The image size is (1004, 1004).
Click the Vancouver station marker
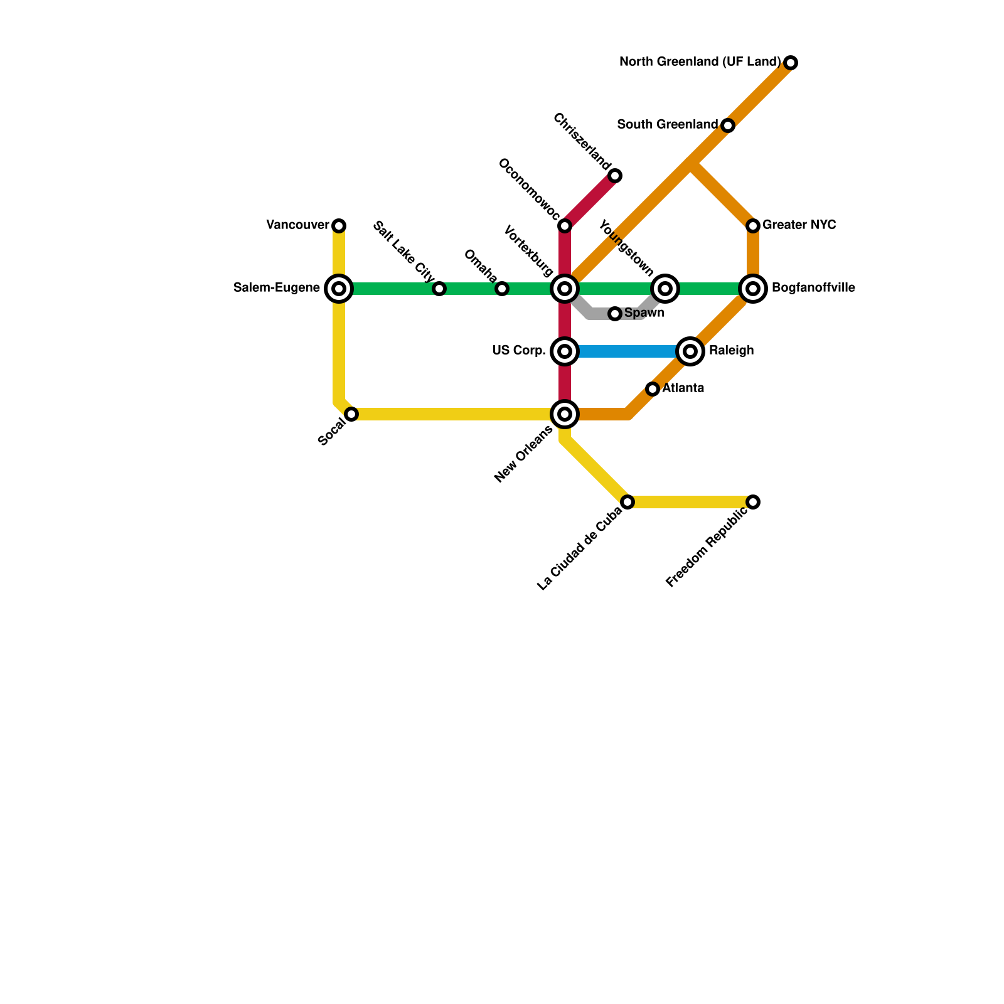339,225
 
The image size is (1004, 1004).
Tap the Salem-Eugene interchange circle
339,289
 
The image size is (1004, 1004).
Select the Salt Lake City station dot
439,289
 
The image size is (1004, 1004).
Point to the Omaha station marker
502,289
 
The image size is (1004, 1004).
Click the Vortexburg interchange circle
565,289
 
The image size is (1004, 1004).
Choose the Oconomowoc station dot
565,225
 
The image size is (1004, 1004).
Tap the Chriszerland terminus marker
615,176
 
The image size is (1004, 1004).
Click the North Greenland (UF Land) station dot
791,63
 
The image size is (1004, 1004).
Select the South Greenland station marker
728,125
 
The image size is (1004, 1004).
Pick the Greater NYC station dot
753,225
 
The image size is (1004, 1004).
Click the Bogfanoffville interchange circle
753,289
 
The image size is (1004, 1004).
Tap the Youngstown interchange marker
665,289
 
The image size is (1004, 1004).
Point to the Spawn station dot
615,313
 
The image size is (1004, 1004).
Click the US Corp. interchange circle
565,351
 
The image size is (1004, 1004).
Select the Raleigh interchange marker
690,351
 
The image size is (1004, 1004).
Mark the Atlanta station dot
653,389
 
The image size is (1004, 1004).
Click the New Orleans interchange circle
565,414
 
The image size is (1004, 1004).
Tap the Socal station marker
351,414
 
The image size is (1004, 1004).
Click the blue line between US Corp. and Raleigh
627,351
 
